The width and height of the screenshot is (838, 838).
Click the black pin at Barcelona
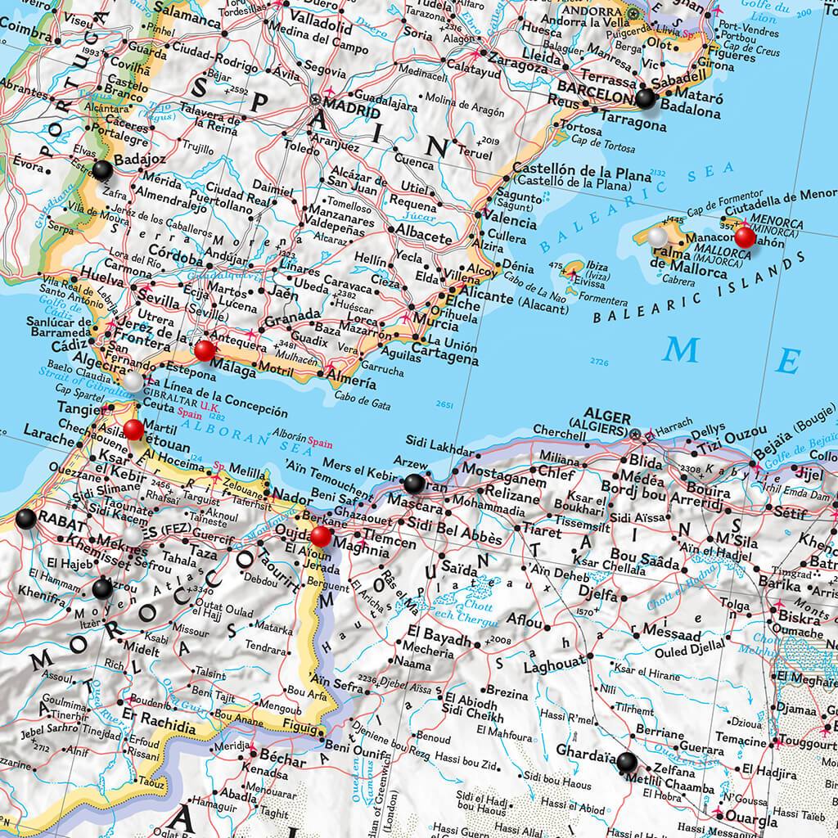click(x=646, y=99)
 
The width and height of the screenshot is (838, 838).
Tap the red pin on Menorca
click(x=745, y=237)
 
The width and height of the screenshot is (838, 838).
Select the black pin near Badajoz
click(x=102, y=170)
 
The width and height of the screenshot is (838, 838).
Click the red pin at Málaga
click(x=205, y=350)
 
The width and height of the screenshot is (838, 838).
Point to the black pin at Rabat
click(x=25, y=517)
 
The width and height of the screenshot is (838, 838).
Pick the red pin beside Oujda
click(x=321, y=536)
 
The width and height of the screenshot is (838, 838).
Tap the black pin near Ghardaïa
click(x=627, y=762)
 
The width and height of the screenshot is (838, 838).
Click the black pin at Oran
click(x=413, y=483)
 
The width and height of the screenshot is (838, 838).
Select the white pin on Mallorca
click(x=658, y=237)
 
